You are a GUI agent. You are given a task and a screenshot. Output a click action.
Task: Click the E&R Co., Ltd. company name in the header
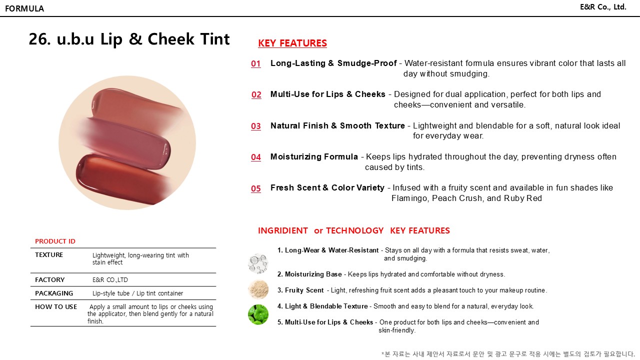pyautogui.click(x=603, y=7)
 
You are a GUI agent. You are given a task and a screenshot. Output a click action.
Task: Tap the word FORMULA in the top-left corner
pyautogui.click(x=24, y=8)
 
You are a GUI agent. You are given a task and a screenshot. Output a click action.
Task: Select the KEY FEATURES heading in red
pyautogui.click(x=292, y=43)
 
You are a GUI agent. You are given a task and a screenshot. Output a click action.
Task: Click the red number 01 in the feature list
pyautogui.click(x=256, y=64)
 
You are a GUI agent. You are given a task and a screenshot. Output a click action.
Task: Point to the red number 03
pyautogui.click(x=256, y=126)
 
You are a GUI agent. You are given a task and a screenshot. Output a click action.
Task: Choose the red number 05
pyautogui.click(x=256, y=189)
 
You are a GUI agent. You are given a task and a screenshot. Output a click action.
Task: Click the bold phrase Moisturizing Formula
pyautogui.click(x=314, y=157)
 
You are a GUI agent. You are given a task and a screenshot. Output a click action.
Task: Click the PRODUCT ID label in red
pyautogui.click(x=55, y=241)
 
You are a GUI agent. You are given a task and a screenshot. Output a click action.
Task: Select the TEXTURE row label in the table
pyautogui.click(x=49, y=255)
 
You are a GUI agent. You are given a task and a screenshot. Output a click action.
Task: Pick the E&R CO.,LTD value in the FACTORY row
pyautogui.click(x=110, y=280)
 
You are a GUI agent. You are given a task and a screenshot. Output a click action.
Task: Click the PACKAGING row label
pyautogui.click(x=54, y=293)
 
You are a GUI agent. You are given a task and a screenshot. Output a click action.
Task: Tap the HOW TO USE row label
pyautogui.click(x=56, y=307)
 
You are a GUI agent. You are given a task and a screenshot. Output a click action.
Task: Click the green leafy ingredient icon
pyautogui.click(x=258, y=314)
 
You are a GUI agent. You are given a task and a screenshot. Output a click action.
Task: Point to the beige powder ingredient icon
pyautogui.click(x=258, y=289)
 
